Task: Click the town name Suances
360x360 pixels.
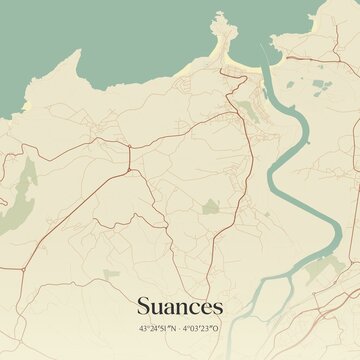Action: click(x=180, y=304)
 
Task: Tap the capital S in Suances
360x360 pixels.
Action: click(x=144, y=304)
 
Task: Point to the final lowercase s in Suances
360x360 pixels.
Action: click(x=217, y=306)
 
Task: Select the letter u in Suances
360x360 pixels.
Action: click(x=158, y=306)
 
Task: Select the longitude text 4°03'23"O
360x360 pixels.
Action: click(x=202, y=328)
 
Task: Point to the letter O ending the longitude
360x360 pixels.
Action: click(x=217, y=328)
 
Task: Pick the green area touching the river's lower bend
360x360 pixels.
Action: click(x=318, y=268)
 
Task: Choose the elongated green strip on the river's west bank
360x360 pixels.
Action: click(x=253, y=110)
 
